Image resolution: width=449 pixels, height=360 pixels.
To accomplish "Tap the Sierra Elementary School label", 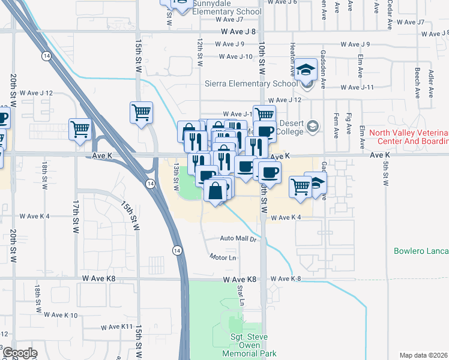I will (251, 84).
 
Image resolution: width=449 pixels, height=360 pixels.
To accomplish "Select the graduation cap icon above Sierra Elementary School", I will (306, 70).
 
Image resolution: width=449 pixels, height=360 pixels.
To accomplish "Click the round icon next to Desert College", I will (312, 127).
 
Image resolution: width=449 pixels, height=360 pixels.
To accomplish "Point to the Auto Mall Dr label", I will (238, 239).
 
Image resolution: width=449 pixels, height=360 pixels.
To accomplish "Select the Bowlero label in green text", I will (421, 251).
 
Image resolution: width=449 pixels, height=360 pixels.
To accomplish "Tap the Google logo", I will (20, 353).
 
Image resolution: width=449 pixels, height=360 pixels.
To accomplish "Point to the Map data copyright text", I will (424, 355).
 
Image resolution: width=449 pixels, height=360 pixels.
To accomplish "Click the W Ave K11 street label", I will (116, 327).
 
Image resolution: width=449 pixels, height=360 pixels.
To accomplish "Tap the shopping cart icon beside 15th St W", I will (141, 112).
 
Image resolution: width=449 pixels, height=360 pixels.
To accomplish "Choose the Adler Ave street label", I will (430, 84).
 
